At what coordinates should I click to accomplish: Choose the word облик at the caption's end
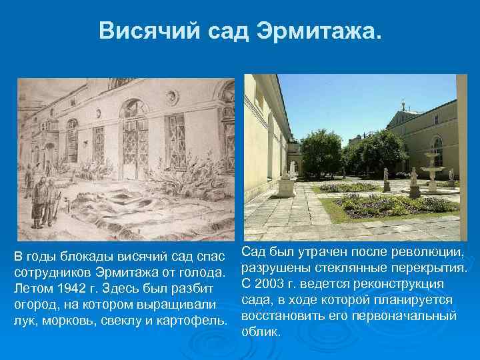(x=257, y=331)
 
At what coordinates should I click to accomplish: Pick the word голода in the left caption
(x=204, y=272)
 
